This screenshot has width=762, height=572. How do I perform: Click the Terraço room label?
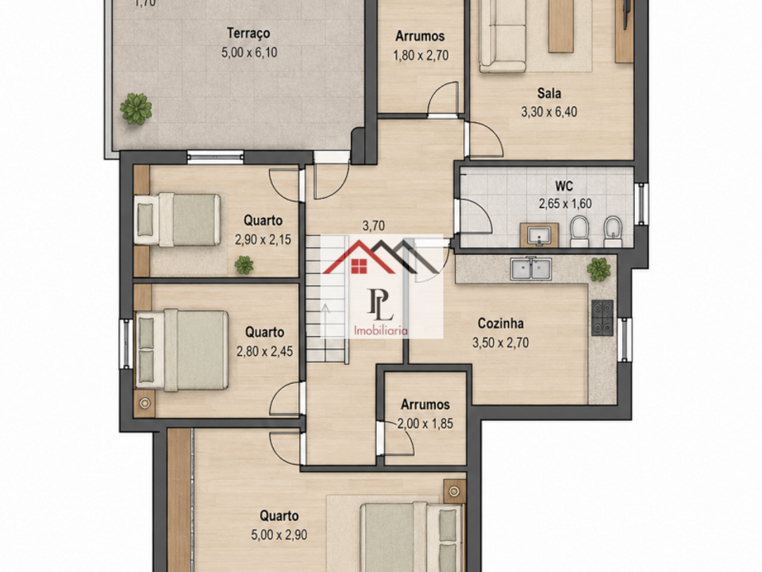pos(248,33)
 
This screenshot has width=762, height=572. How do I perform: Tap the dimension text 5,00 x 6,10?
pos(249,52)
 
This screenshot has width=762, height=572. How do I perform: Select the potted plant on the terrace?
pos(136,109)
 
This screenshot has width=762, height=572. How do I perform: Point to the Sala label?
pos(549,93)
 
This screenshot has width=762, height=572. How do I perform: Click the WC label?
pos(564,186)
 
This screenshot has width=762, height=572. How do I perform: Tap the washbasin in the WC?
pos(539,235)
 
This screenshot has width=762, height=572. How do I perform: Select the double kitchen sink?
pos(531,269)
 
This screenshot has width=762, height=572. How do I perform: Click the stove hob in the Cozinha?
pos(602,318)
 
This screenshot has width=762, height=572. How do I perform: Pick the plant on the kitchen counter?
pos(598,269)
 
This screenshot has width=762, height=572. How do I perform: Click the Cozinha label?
pos(501,323)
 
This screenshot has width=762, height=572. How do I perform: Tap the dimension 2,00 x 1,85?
pos(425,423)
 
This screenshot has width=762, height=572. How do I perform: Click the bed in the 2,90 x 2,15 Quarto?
pos(177,219)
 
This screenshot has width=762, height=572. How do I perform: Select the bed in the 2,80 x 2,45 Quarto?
pos(182,350)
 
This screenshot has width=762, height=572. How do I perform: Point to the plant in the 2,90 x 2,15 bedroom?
pos(244,265)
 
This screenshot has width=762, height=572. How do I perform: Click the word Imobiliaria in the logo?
pos(380,330)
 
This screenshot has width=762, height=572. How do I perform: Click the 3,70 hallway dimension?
pos(374,226)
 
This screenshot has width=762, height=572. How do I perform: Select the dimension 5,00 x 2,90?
pos(279,535)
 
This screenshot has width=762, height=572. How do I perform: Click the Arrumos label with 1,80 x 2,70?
pos(420,36)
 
